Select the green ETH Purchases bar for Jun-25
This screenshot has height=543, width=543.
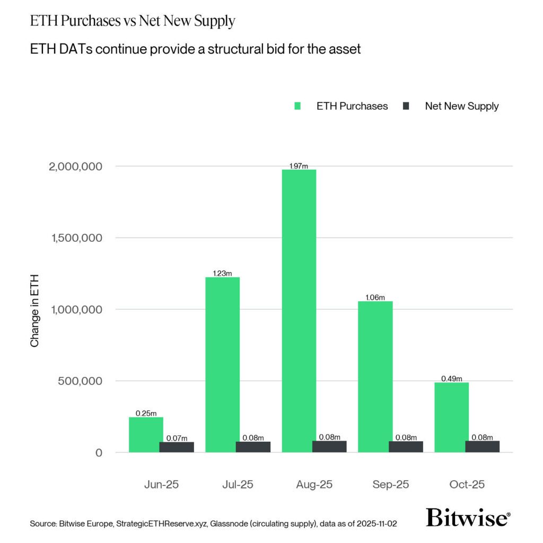[x=146, y=434]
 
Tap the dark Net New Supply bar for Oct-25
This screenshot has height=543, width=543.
[x=482, y=446]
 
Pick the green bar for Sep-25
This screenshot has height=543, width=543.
[x=375, y=376]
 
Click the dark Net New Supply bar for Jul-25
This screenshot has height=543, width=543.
[x=253, y=446]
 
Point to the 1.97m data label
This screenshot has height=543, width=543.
[x=299, y=166]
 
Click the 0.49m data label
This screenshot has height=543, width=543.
[x=452, y=379]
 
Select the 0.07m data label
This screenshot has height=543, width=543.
[x=177, y=438]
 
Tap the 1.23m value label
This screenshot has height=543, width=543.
[x=222, y=273]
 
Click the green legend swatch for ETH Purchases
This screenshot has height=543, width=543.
[x=297, y=106]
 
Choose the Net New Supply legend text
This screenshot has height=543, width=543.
[x=461, y=106]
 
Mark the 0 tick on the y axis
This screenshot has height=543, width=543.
[x=98, y=453]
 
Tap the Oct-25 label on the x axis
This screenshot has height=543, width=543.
[x=466, y=485]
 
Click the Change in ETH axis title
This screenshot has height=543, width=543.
[x=35, y=311]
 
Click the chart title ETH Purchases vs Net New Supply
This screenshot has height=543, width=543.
[x=133, y=22]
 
